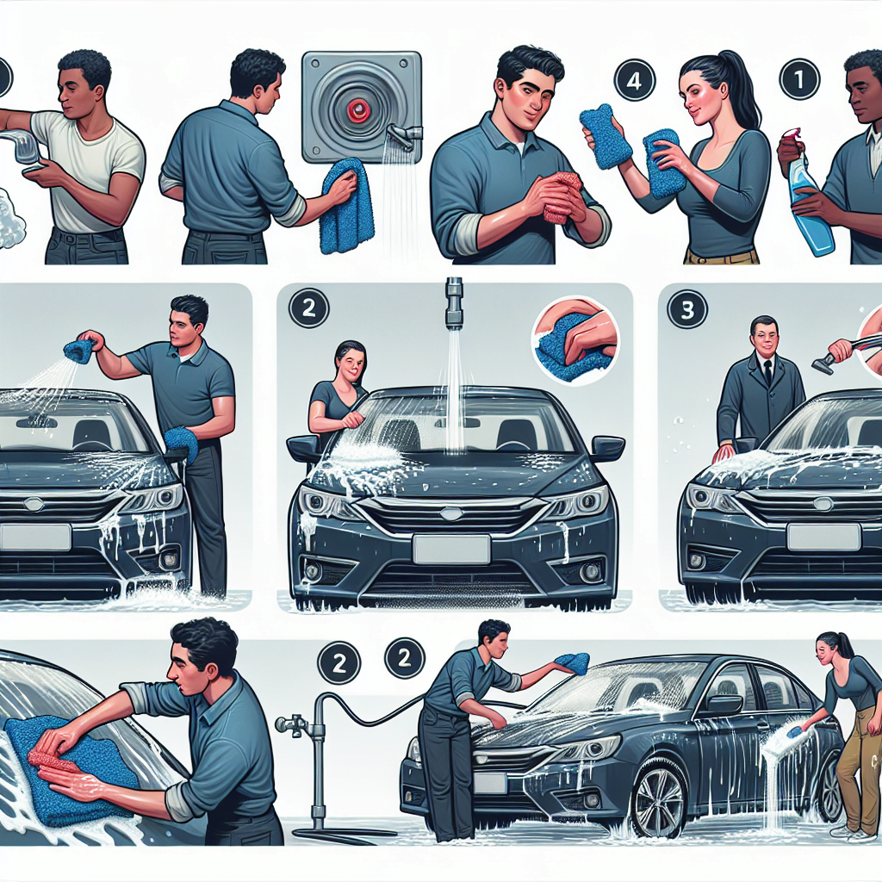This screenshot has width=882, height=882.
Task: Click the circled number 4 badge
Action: pos(633,80)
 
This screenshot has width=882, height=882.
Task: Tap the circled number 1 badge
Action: pos(798,80)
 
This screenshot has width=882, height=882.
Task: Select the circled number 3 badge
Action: pos(687,310)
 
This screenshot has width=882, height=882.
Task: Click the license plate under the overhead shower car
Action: pos(451,550)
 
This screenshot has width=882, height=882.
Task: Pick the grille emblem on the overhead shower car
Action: pos(450,513)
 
